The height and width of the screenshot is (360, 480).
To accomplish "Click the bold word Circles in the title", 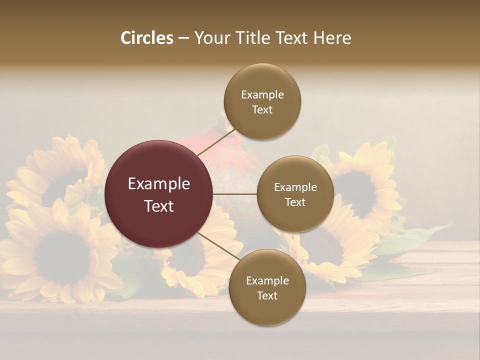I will [147, 38].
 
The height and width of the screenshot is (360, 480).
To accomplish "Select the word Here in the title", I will [332, 38].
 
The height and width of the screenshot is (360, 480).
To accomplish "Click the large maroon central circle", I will [159, 194].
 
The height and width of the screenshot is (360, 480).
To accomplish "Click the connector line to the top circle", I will [216, 142].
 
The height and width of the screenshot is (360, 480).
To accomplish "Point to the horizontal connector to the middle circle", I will [235, 194].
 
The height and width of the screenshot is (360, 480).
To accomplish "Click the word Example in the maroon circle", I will [159, 184].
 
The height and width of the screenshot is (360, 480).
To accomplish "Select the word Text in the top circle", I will [262, 110].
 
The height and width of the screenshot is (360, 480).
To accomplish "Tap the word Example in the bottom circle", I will [267, 281].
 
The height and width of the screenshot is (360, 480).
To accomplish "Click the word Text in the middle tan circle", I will [295, 202].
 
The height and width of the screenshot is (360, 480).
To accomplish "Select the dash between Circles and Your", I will [183, 38].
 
